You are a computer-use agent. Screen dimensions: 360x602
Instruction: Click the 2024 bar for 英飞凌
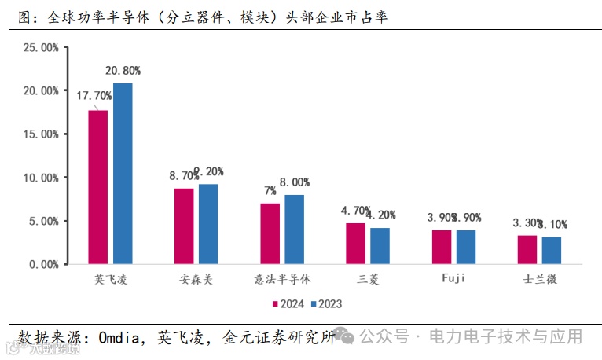click(x=98, y=187)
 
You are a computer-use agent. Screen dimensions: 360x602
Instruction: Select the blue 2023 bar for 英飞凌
click(x=123, y=174)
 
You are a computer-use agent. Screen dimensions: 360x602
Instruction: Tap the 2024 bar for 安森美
click(x=184, y=226)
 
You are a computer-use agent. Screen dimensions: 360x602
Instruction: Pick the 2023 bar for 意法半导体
click(x=294, y=230)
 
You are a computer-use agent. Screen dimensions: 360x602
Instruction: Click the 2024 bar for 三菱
click(x=356, y=244)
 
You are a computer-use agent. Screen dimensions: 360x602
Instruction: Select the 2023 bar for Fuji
click(x=466, y=247)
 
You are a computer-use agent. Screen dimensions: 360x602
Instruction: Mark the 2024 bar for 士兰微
click(x=527, y=250)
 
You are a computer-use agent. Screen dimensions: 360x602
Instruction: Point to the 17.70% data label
click(x=94, y=95)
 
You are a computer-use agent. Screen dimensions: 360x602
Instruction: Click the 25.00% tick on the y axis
click(x=40, y=48)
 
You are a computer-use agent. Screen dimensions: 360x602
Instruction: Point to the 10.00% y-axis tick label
click(x=40, y=178)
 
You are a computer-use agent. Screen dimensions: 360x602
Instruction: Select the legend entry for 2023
click(x=326, y=303)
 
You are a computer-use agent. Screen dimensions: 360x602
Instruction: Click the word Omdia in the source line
click(x=119, y=337)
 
